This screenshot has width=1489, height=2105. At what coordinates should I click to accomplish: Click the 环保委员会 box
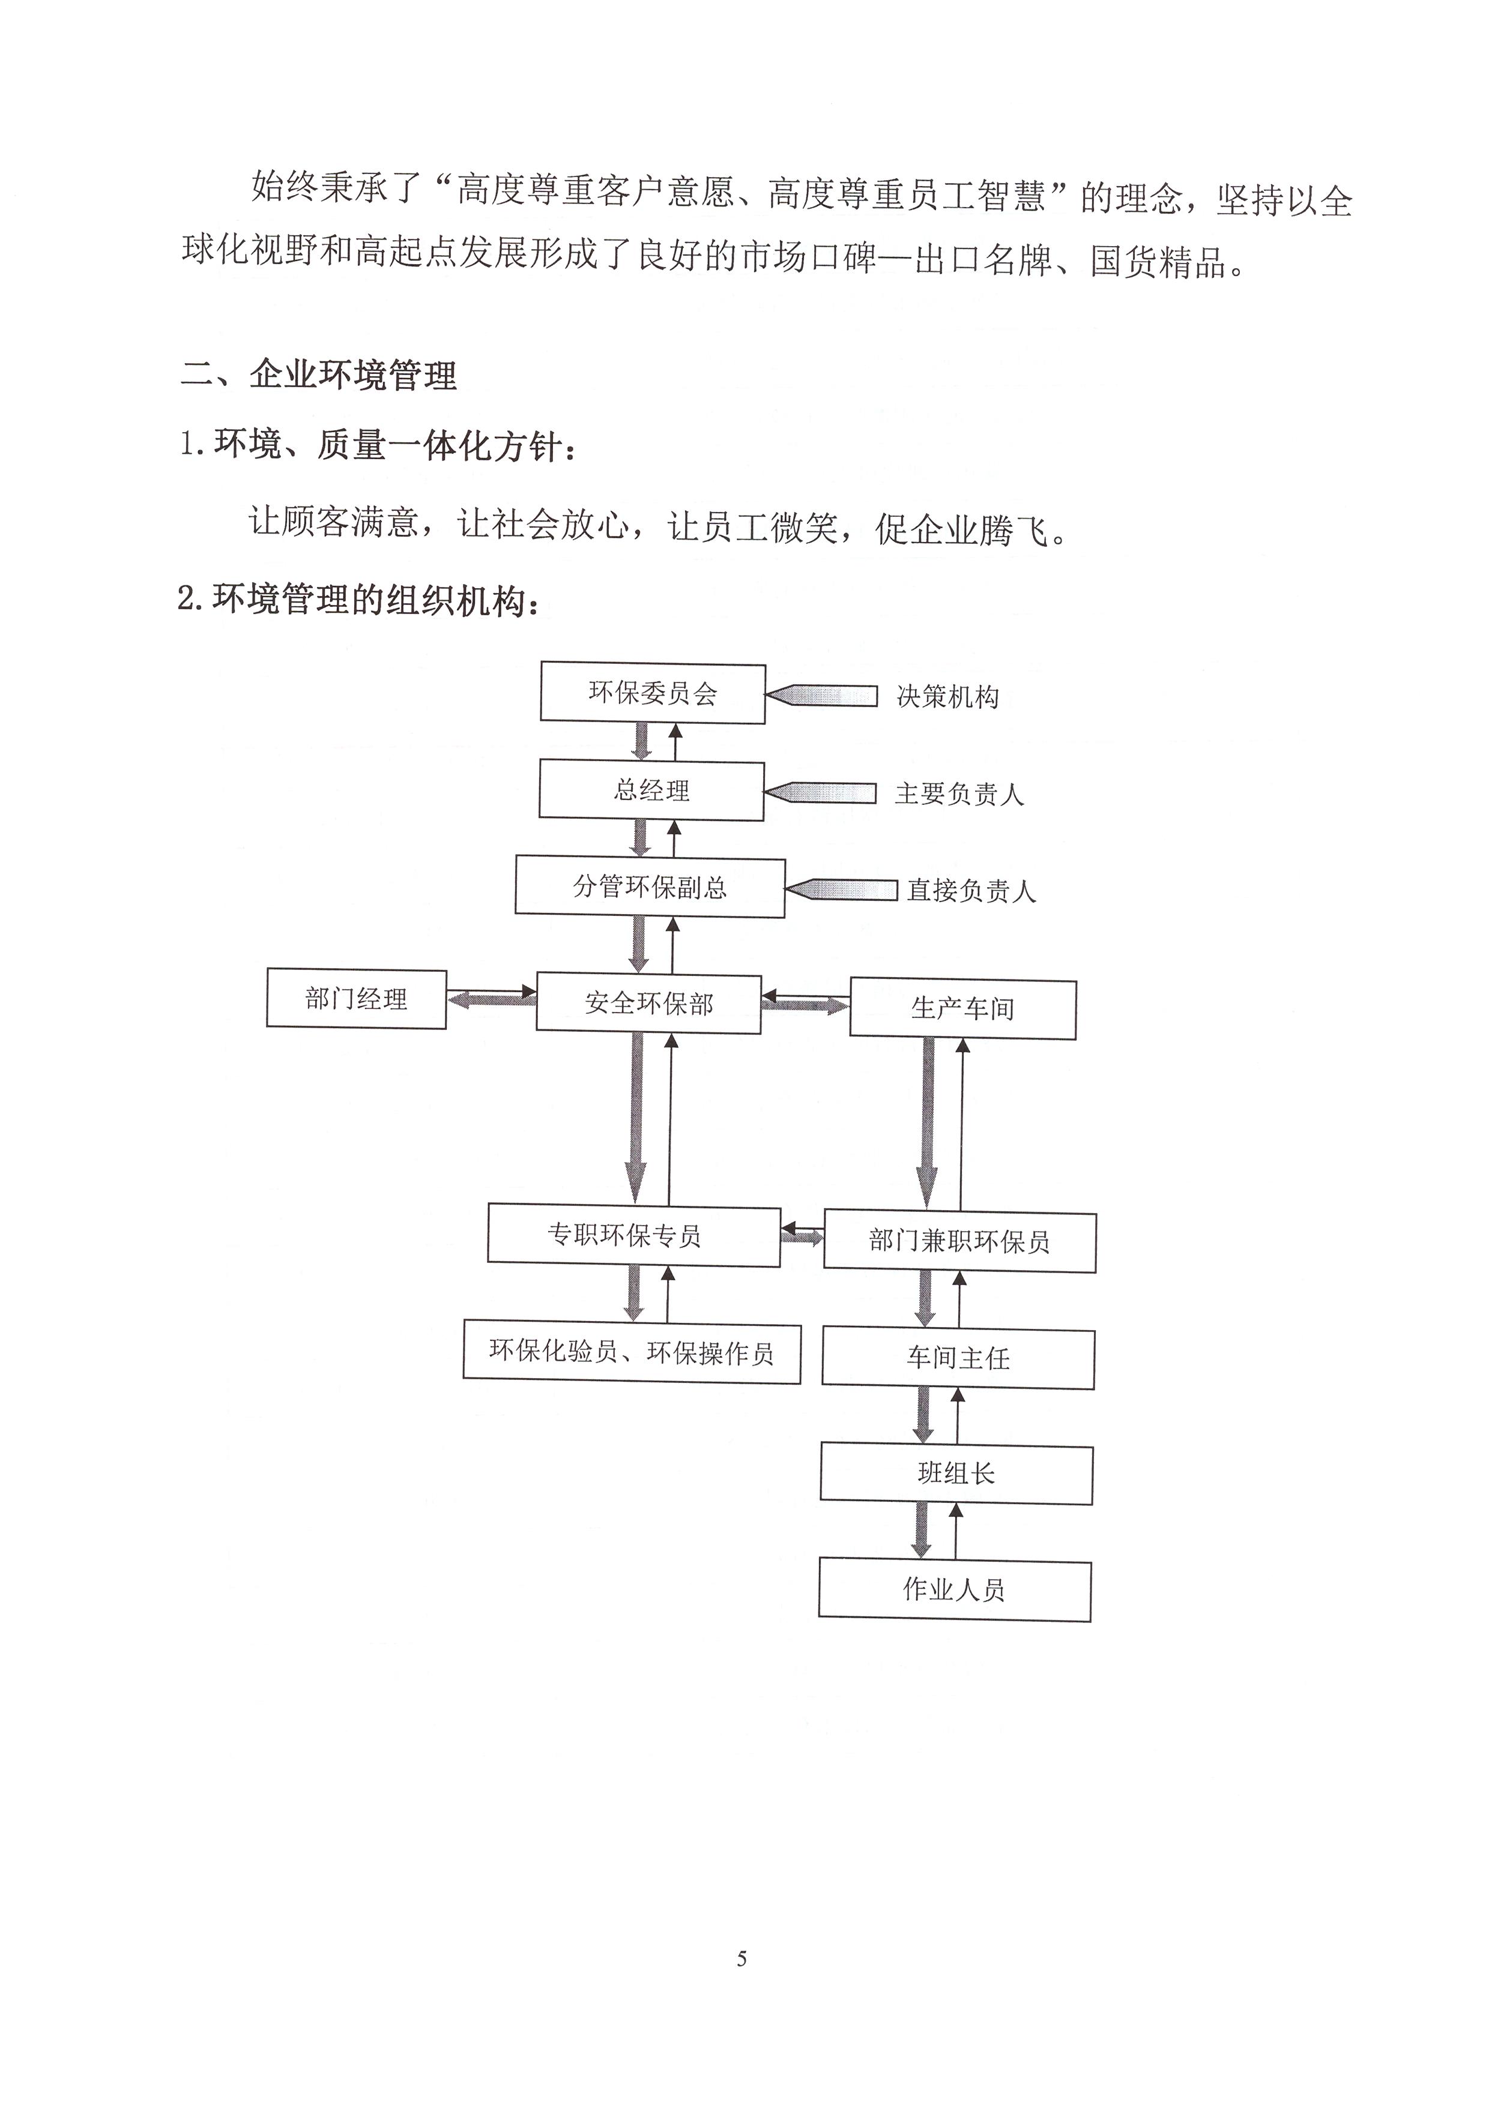653,693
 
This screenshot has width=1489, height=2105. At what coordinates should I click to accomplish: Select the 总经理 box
651,791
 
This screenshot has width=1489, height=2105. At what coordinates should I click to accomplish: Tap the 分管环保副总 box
650,887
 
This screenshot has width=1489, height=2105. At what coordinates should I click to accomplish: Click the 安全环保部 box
648,1003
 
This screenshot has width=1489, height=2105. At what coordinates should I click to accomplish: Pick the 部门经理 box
357,998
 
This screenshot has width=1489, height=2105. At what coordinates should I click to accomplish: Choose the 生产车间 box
962,1008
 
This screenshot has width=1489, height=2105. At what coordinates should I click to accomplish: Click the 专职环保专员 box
633,1236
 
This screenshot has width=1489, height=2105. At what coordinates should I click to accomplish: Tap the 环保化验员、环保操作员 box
632,1352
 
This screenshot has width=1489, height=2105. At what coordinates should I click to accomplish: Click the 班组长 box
956,1474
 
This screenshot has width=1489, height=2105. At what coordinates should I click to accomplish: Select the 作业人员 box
955,1590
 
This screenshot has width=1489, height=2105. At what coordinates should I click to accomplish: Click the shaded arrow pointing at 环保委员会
821,696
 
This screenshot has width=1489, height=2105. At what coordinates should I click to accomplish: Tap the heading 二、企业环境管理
319,375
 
